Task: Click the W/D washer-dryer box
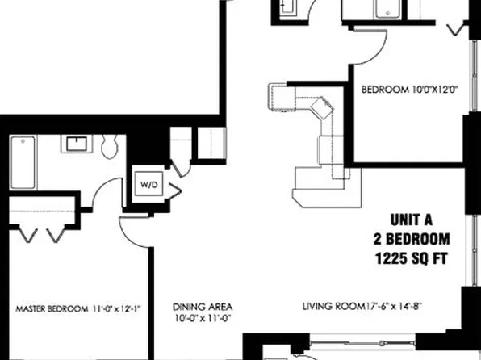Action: point(149,184)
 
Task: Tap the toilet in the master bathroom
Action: point(110,146)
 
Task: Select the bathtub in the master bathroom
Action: point(23,163)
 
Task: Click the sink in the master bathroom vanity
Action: point(77,144)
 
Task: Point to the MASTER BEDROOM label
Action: point(52,308)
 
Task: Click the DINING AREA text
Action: point(203,307)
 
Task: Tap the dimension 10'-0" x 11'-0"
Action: point(203,318)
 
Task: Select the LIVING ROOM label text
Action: point(333,306)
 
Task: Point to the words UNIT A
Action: point(412,220)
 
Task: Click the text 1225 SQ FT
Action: point(412,258)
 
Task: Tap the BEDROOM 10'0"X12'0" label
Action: point(409,90)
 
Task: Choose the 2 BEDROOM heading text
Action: point(412,239)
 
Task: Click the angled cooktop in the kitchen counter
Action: point(321,107)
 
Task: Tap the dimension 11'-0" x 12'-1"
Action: point(116,308)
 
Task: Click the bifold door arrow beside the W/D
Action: point(174,190)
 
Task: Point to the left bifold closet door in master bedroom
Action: point(28,235)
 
